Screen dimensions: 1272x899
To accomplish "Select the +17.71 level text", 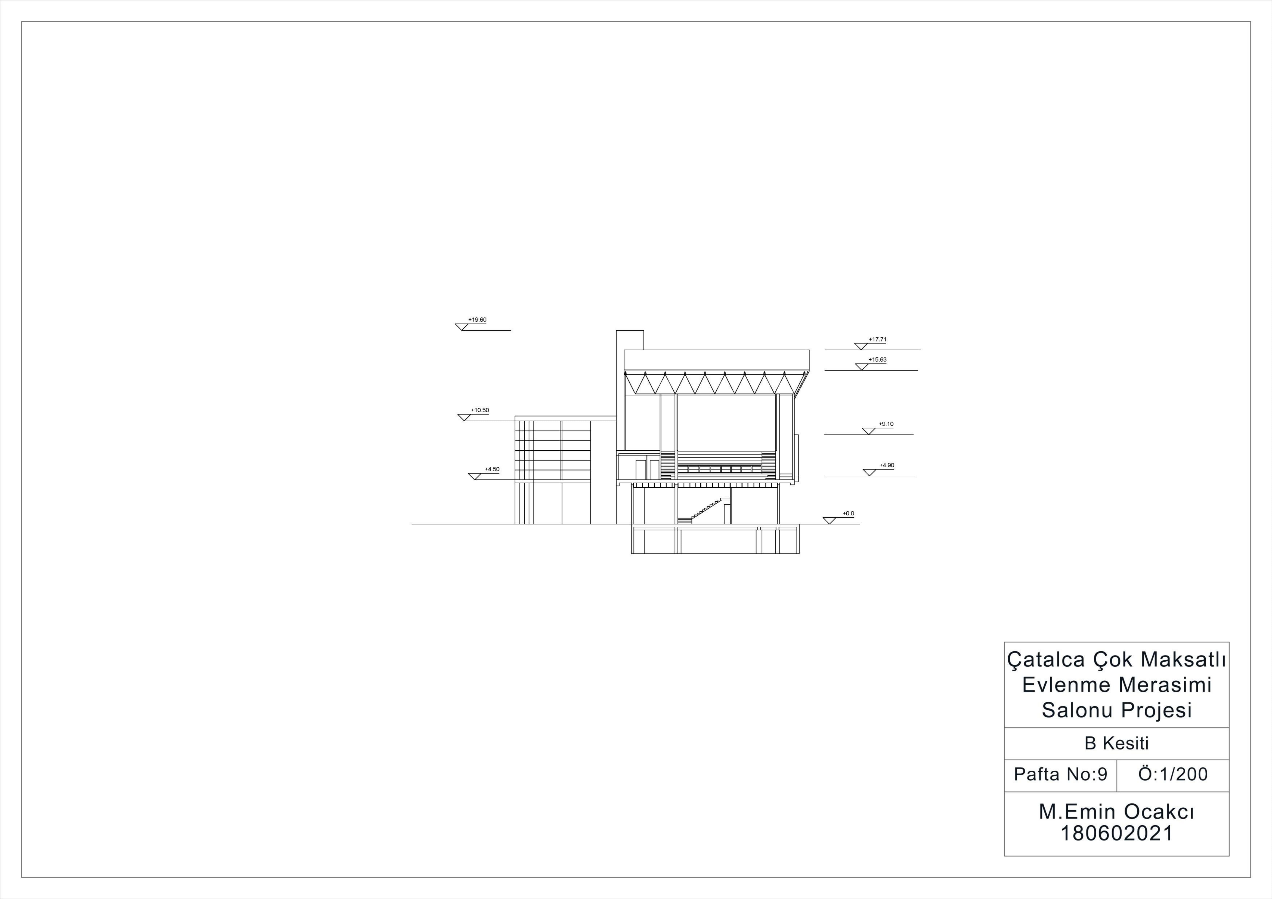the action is pos(878,339).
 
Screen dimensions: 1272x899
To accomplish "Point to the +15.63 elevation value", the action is pos(878,359).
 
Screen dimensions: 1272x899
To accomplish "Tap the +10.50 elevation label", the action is pos(480,410).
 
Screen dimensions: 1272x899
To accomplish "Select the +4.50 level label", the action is pos(492,469).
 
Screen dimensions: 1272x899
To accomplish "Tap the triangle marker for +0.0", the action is pos(829,521).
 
